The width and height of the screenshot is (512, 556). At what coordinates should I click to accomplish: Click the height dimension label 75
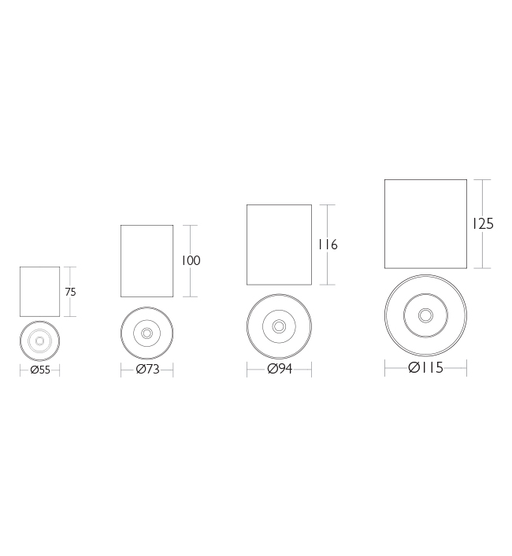tap(70, 292)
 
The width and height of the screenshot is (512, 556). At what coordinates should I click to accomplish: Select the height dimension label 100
tap(191, 260)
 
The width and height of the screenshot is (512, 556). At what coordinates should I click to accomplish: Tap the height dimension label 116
tap(328, 245)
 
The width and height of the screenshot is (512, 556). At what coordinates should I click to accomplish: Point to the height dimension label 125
tap(482, 224)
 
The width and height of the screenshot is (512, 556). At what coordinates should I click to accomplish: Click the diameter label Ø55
tap(40, 370)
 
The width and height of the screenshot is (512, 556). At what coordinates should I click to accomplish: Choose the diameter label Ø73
tap(147, 370)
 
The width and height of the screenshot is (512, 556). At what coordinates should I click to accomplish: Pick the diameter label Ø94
tap(280, 369)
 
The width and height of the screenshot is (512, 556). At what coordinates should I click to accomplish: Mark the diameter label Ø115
tap(425, 367)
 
